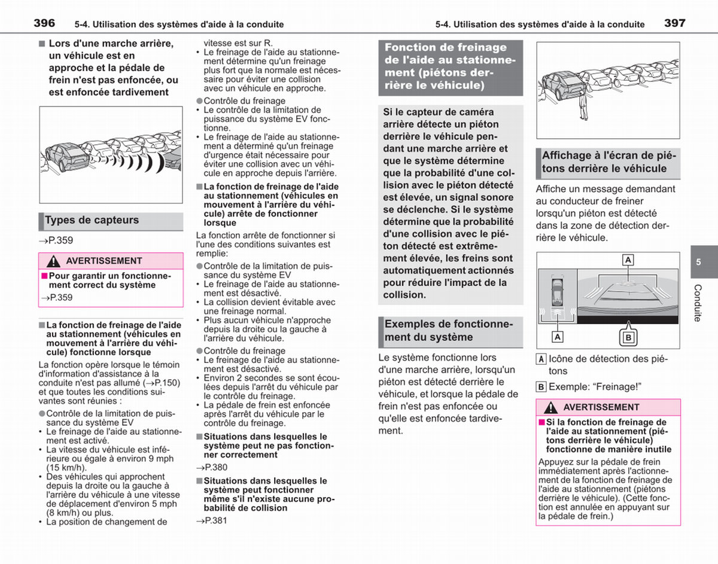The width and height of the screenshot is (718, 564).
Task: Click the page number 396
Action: click(x=44, y=23)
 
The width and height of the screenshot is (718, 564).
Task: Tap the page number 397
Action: click(x=675, y=23)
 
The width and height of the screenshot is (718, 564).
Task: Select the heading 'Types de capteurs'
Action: click(x=92, y=220)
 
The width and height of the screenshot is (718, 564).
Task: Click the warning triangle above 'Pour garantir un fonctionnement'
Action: click(x=53, y=261)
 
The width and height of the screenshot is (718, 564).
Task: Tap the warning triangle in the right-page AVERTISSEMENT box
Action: click(x=550, y=407)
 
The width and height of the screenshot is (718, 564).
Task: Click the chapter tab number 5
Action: click(x=698, y=262)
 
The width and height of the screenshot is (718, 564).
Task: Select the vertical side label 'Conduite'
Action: click(x=698, y=303)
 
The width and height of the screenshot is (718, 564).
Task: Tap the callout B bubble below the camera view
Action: click(x=628, y=337)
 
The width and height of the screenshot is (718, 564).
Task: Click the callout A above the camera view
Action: click(x=628, y=260)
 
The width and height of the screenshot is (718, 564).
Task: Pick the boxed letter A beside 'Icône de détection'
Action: click(x=541, y=359)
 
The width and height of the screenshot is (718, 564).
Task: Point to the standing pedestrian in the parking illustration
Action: click(x=583, y=105)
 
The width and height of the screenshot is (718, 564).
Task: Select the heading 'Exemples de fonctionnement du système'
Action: click(x=449, y=331)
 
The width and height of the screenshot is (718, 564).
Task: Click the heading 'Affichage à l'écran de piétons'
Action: click(x=609, y=162)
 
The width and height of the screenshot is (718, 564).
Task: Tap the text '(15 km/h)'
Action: click(x=66, y=468)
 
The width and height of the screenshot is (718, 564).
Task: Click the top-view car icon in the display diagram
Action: click(x=558, y=292)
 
